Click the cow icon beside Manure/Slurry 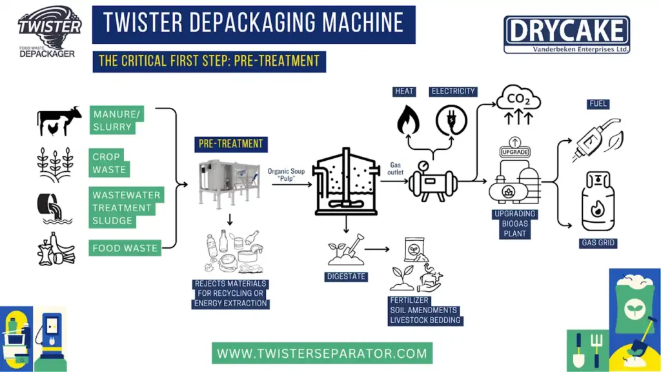[59, 120]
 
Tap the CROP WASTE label [109, 163]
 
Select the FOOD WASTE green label [125, 247]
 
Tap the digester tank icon [345, 183]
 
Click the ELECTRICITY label [453, 92]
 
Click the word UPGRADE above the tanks [514, 151]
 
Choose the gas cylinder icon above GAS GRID [598, 201]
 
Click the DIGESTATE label [345, 277]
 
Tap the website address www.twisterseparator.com [322, 353]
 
